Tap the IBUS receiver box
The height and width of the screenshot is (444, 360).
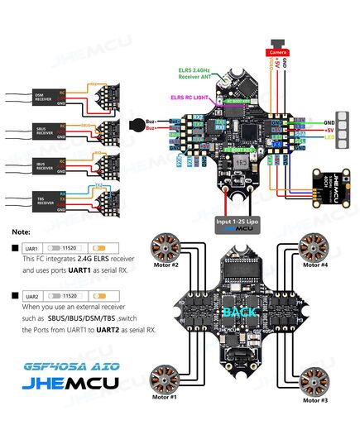pos(44,165)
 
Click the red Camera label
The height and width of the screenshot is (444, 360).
pos(275,51)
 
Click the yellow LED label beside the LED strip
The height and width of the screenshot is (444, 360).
pos(307,137)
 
